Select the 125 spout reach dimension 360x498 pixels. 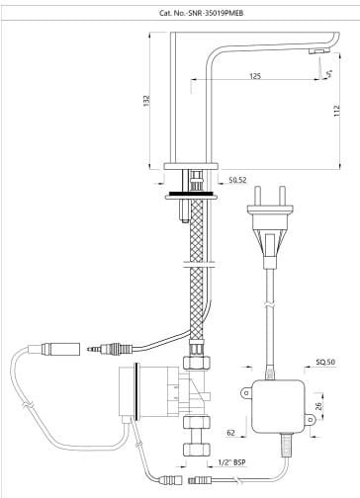(255, 76)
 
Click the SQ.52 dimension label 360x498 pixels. (238, 180)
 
